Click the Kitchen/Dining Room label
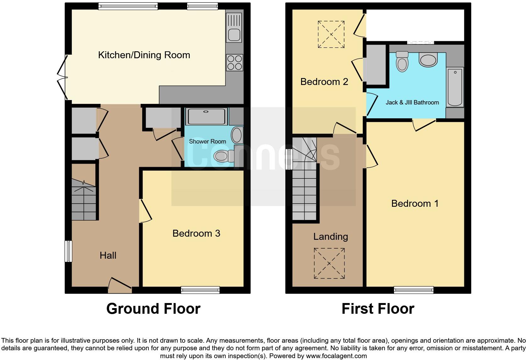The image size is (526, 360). click(144, 55)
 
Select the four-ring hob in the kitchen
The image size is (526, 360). click(234, 63)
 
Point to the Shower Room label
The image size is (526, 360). click(207, 142)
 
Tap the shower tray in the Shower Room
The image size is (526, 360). click(206, 116)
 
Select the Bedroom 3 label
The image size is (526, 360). click(196, 233)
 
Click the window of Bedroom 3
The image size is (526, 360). click(200, 290)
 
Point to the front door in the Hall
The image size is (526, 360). click(120, 284)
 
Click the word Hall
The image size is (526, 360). click(108, 255)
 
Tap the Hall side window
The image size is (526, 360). click(68, 251)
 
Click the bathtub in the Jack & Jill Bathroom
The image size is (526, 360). click(455, 87)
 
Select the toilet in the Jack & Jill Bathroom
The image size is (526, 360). click(402, 62)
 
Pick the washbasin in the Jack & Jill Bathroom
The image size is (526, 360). click(428, 59)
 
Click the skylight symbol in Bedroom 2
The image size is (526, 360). click(331, 34)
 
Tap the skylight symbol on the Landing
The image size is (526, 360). click(329, 263)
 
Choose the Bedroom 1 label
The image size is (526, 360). click(415, 203)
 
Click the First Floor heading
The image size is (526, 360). click(378, 309)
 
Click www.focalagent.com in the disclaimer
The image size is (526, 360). click(336, 356)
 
